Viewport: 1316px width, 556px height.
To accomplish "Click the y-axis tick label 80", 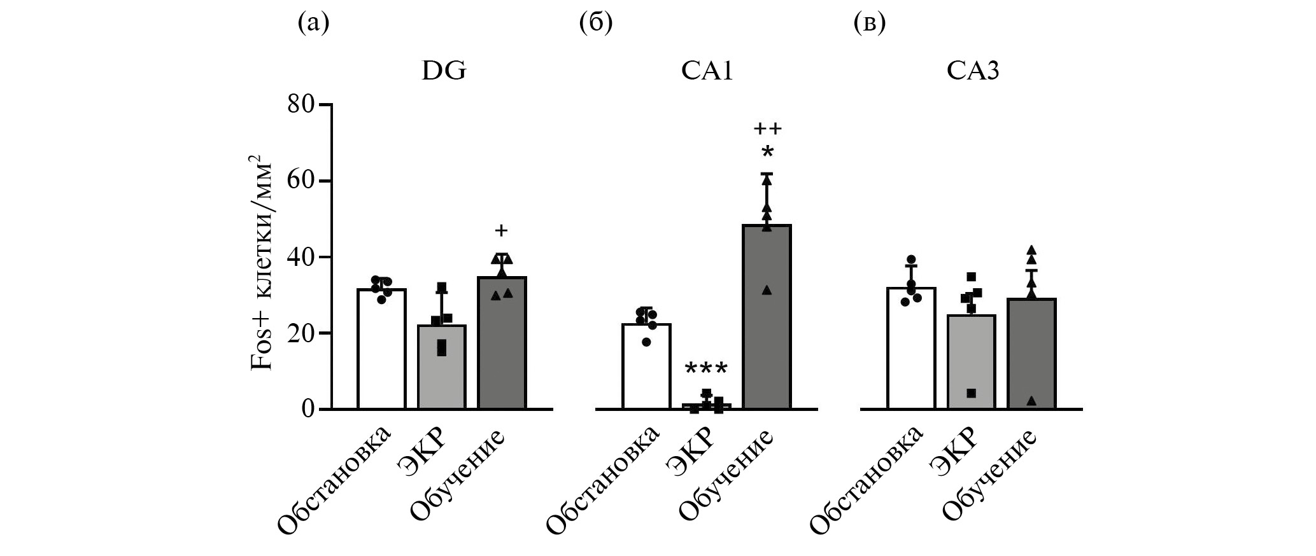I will (x=301, y=104).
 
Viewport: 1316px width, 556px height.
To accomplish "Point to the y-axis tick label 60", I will (x=301, y=181).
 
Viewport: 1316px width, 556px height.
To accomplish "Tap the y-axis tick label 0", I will (x=308, y=408).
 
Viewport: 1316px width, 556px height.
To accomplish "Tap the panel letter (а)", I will (x=314, y=24).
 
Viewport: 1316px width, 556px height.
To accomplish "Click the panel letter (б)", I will (x=596, y=24).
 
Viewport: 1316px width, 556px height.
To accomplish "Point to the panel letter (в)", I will (x=869, y=24).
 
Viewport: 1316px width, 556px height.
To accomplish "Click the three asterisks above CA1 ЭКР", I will (x=706, y=370).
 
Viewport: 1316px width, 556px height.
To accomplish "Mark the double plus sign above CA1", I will (x=767, y=129).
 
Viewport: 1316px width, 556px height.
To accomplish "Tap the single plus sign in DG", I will (x=502, y=230).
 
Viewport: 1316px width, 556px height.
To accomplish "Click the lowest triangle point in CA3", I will (x=1031, y=401).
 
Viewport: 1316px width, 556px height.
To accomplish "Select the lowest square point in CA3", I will (x=972, y=393).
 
